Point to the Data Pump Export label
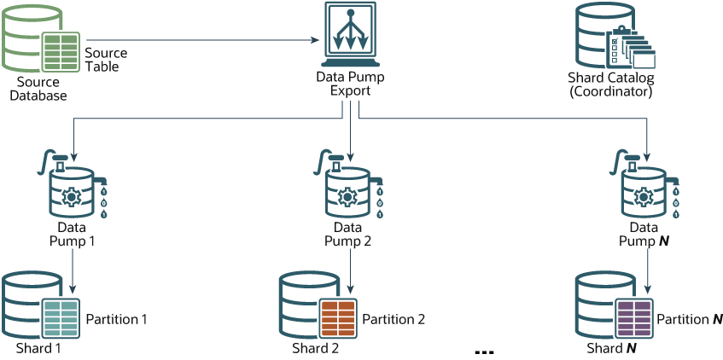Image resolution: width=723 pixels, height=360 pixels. [350, 84]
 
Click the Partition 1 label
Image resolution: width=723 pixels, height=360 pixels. [117, 319]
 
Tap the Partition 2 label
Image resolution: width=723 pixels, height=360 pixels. [394, 319]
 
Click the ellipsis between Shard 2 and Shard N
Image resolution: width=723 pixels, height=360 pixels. [483, 351]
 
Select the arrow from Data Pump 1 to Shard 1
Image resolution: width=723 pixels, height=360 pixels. [74, 275]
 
